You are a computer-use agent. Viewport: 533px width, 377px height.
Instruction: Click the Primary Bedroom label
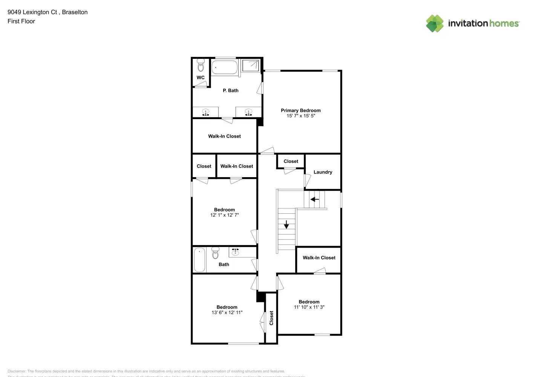click(300, 110)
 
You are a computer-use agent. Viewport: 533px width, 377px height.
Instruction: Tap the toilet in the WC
click(201, 66)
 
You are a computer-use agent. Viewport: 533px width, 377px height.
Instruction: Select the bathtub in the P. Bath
click(224, 67)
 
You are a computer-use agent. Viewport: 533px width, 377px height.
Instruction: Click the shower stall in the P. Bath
click(250, 66)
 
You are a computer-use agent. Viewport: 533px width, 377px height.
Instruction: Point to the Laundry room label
click(323, 172)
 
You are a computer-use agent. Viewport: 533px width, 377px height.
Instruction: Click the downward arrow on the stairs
click(286, 224)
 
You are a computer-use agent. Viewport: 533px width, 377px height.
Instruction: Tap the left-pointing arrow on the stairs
click(314, 199)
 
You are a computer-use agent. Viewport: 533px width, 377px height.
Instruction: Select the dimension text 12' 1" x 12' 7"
click(224, 215)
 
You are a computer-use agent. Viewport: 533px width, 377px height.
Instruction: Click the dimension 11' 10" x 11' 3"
click(309, 307)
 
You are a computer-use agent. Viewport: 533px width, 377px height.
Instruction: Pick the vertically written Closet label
click(271, 318)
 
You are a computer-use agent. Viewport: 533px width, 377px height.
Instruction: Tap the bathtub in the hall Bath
click(199, 259)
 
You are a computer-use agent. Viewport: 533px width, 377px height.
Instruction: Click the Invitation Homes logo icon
click(435, 23)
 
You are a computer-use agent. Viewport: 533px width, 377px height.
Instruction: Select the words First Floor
click(21, 21)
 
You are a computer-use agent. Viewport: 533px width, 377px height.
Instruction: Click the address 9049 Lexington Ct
click(32, 12)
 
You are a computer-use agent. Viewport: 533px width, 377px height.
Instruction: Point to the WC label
click(201, 78)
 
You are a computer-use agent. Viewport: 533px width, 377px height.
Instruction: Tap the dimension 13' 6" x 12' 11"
click(227, 313)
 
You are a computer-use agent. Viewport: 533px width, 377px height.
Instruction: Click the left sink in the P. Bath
click(205, 112)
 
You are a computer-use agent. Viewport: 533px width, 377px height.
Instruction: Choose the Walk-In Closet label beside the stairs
click(319, 258)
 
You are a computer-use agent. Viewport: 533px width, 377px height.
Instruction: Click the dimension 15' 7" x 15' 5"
click(300, 116)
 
